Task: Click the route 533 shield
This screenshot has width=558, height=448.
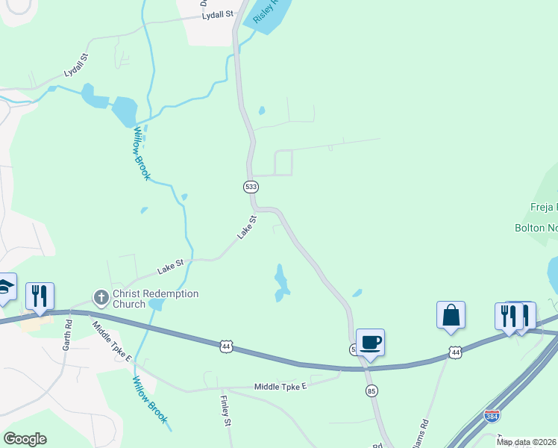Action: [251, 186]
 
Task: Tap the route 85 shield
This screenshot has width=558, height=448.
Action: [372, 391]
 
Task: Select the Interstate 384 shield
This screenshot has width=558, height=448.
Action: [492, 415]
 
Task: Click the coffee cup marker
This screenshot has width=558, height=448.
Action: [370, 343]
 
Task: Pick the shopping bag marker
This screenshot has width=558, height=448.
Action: [451, 315]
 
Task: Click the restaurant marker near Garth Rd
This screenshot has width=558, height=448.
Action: [40, 296]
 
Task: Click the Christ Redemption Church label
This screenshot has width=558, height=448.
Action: [155, 299]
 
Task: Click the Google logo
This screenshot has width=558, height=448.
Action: [25, 439]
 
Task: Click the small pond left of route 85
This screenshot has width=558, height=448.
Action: [357, 293]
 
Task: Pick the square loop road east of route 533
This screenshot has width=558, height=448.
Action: [283, 163]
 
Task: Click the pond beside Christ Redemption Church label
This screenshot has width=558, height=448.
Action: [156, 305]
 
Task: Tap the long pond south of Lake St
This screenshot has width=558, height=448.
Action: [280, 282]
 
